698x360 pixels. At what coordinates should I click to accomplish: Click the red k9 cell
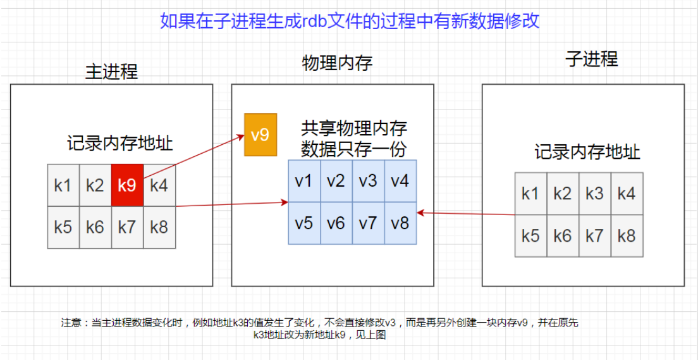[127, 185]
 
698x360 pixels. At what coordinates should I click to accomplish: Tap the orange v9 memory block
[260, 135]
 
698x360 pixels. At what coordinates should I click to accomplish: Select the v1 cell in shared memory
[304, 181]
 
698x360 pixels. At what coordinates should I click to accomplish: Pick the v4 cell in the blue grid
[400, 181]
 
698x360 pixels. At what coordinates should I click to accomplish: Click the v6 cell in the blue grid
[336, 223]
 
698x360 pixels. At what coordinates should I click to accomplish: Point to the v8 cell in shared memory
[400, 223]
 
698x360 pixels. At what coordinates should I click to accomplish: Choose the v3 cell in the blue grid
[368, 181]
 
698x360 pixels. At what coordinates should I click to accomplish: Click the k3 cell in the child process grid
[594, 194]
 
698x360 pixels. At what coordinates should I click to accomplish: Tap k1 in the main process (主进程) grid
[63, 185]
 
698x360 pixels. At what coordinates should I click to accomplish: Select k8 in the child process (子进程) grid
[627, 235]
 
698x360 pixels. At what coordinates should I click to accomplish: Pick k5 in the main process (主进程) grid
[63, 227]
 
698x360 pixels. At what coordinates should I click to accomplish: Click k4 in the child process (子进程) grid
[627, 194]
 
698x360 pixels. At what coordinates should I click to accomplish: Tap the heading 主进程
[111, 71]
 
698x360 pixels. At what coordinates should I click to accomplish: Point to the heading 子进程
[591, 59]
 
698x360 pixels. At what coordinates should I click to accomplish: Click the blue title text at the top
[349, 21]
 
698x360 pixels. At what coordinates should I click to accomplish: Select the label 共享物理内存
[354, 129]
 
